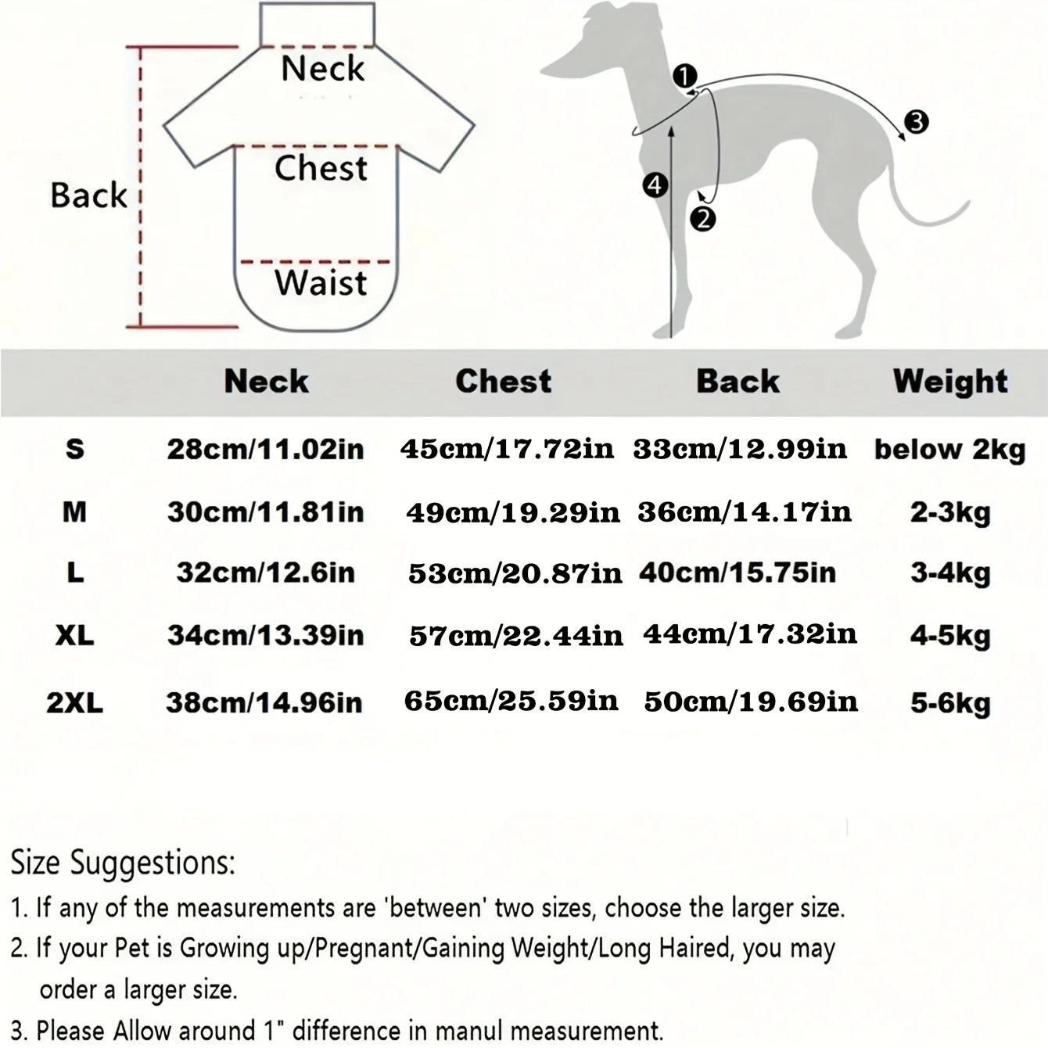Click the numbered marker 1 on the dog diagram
coord(684,76)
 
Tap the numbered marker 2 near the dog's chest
coord(702,219)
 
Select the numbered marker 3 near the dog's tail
coord(917,122)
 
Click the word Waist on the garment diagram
coord(321,283)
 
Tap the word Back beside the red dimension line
coord(88,195)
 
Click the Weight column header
coord(950,382)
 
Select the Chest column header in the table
coord(503,381)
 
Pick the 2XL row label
coord(74,703)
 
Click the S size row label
coord(75,449)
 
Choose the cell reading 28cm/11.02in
coord(265,450)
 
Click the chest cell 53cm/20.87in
coord(515,573)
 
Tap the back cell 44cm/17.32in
coord(750,634)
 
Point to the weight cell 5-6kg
coord(950,704)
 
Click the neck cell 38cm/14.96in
coord(264,702)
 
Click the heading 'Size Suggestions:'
coord(123,863)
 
